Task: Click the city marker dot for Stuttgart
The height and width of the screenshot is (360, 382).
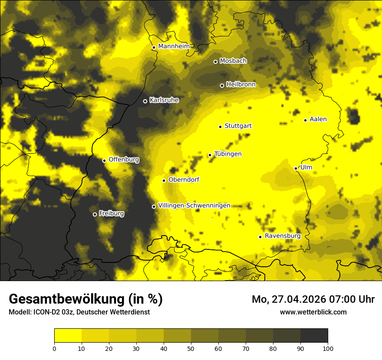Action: (x=220, y=127)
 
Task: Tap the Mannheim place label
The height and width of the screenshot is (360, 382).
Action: (x=174, y=46)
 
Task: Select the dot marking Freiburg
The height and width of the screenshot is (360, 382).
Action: (x=95, y=214)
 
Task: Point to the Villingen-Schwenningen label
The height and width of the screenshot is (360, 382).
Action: (x=194, y=206)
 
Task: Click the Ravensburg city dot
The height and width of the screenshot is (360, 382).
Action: (x=260, y=237)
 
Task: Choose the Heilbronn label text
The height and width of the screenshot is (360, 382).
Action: (x=241, y=85)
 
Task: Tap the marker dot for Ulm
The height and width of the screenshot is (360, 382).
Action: (x=296, y=168)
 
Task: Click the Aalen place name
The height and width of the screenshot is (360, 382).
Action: (x=318, y=119)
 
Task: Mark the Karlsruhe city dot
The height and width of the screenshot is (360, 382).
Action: (x=145, y=101)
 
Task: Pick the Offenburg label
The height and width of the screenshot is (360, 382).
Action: (x=124, y=160)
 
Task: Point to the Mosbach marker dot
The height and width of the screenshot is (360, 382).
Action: (x=215, y=62)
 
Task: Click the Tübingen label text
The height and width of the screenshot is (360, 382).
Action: (x=228, y=154)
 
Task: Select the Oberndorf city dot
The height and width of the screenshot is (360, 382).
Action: (x=164, y=180)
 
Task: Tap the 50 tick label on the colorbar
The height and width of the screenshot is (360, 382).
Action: (x=191, y=348)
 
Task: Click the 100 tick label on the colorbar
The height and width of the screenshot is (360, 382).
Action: (x=328, y=348)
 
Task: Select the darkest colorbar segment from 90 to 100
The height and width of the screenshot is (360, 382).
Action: (x=314, y=336)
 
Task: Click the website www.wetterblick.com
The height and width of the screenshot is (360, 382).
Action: (x=313, y=312)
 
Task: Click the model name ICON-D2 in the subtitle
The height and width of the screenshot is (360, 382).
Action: (x=46, y=312)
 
